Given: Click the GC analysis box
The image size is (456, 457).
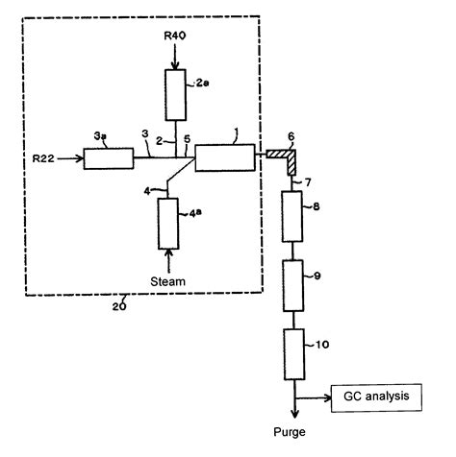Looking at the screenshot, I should tap(374, 396).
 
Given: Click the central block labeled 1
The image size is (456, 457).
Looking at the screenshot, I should tap(224, 157).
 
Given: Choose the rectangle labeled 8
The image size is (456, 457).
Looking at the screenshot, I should tap(292, 216).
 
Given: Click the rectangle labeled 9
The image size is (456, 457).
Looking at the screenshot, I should tap(292, 285).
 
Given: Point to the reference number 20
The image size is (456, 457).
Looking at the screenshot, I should tap(118, 305).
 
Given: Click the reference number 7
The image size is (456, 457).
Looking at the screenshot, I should tap(308, 181).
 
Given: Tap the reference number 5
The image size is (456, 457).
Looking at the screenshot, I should tap(187, 139).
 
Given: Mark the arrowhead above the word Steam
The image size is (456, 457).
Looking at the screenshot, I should tap(170, 254).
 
